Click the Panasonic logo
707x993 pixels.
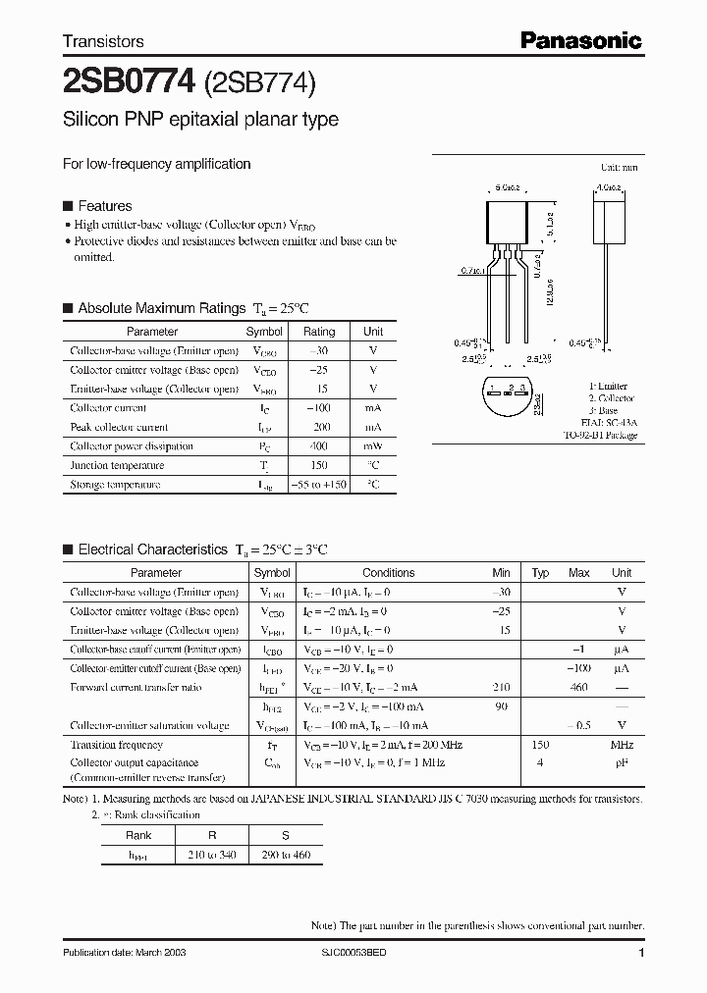click(x=580, y=40)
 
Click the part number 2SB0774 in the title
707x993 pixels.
click(x=130, y=80)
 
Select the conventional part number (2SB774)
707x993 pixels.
click(x=259, y=81)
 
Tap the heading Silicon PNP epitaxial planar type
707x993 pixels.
click(x=200, y=120)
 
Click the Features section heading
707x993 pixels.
click(x=104, y=206)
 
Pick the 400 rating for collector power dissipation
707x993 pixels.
click(x=318, y=446)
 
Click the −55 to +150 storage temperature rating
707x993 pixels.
click(x=318, y=485)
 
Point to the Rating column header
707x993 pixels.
click(x=318, y=332)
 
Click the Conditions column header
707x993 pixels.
click(x=388, y=572)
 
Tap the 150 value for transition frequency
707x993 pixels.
click(x=540, y=745)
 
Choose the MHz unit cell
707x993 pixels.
click(x=622, y=745)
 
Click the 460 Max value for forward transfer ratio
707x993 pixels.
click(x=578, y=688)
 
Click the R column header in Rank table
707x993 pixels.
click(x=212, y=835)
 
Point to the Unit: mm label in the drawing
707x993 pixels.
click(x=619, y=168)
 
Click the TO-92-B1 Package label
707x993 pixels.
click(x=600, y=435)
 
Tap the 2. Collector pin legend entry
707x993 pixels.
click(x=611, y=398)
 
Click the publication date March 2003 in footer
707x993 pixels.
click(x=125, y=953)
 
